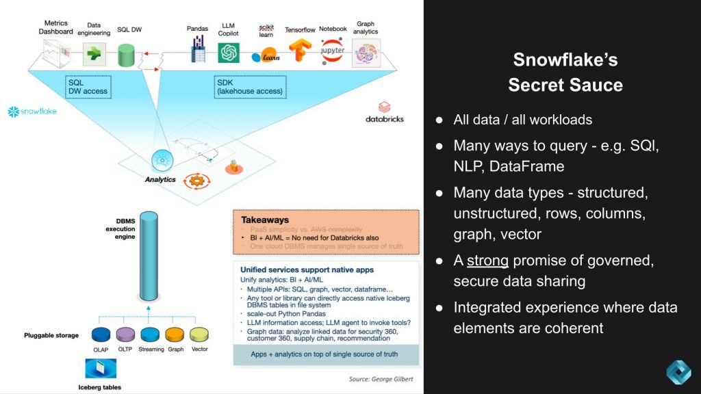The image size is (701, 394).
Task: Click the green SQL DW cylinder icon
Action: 126,55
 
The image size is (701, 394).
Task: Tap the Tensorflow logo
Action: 299,52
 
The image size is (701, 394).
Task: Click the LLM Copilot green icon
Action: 228,53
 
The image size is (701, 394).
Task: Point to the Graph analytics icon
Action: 366,53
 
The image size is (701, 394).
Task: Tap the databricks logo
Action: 384,113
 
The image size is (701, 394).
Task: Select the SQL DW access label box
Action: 88,87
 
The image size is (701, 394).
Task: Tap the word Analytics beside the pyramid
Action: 160,180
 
